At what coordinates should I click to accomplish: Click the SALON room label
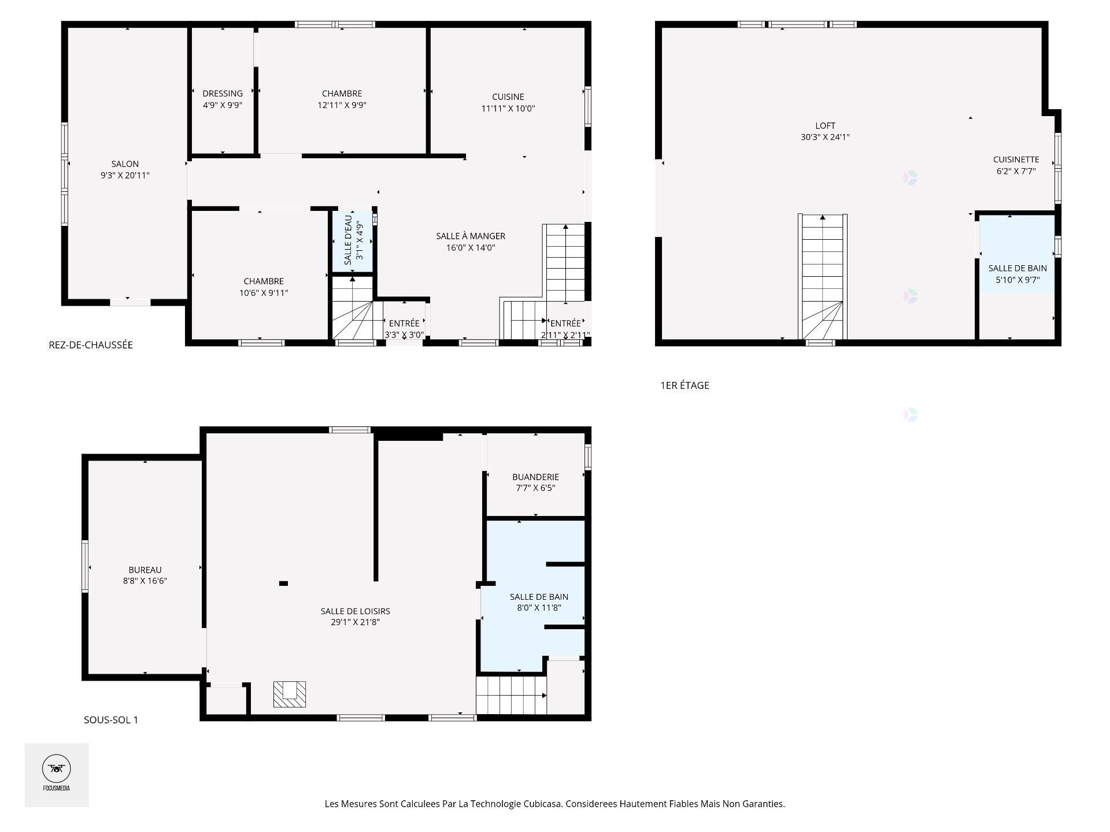pyautogui.click(x=125, y=164)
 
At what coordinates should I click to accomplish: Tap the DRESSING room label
pyautogui.click(x=223, y=94)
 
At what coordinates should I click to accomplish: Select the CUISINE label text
pyautogui.click(x=508, y=97)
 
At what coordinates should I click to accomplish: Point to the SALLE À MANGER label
pyautogui.click(x=471, y=236)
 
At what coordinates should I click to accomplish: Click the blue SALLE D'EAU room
pyautogui.click(x=352, y=240)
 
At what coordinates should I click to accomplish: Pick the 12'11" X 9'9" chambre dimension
pyautogui.click(x=342, y=105)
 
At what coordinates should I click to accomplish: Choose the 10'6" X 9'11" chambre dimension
pyautogui.click(x=264, y=292)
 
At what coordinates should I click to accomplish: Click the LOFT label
pyautogui.click(x=825, y=126)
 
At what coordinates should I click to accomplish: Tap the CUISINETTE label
pyautogui.click(x=1016, y=159)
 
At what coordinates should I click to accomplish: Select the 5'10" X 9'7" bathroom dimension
pyautogui.click(x=1017, y=280)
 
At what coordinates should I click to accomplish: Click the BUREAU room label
pyautogui.click(x=145, y=570)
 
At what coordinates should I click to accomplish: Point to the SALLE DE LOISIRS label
pyautogui.click(x=355, y=611)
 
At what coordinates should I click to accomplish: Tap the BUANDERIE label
pyautogui.click(x=535, y=477)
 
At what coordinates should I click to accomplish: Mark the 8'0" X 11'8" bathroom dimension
pyautogui.click(x=539, y=607)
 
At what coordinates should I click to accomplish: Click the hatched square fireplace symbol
pyautogui.click(x=290, y=694)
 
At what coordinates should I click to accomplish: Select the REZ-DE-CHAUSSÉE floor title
pyautogui.click(x=91, y=345)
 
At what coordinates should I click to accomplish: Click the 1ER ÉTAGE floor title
pyautogui.click(x=684, y=385)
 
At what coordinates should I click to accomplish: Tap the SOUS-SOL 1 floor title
pyautogui.click(x=111, y=720)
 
